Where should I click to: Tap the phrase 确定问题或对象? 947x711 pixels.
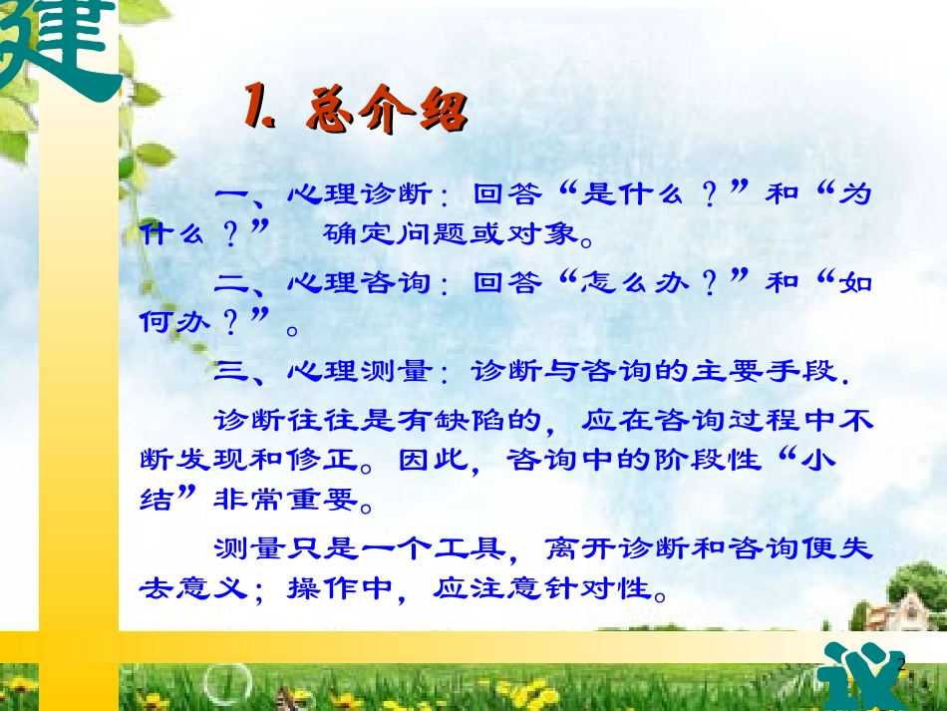coord(449,234)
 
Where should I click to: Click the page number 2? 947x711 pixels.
coord(901,665)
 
